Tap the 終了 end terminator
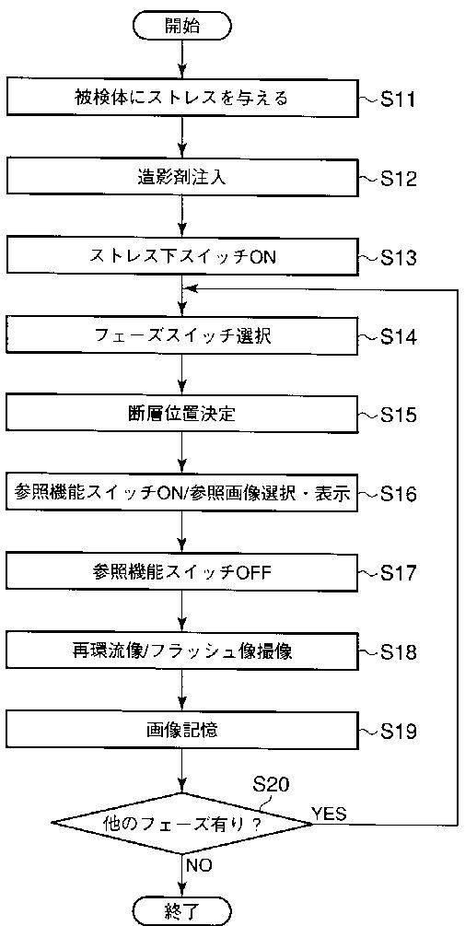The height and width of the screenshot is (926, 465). pos(181,909)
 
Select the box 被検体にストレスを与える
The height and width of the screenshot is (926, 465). pos(181,98)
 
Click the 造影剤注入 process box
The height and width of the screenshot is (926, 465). pos(181,178)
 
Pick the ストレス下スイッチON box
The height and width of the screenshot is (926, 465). pos(181,257)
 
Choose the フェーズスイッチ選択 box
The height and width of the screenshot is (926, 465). pos(181,336)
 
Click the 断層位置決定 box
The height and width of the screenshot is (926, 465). pos(181,415)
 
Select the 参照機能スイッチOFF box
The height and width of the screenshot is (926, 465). pos(181,573)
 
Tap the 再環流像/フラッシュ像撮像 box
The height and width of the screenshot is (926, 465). pos(181,652)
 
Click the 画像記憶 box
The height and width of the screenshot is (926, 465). pos(181,731)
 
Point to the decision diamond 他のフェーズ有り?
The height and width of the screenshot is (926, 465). pos(181,823)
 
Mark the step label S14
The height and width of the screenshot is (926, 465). pos(399,338)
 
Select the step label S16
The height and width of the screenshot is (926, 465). pos(399,494)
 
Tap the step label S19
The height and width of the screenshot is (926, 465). pos(399,733)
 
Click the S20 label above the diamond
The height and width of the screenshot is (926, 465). pos(271,785)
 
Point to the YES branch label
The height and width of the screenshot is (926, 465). pos(330,815)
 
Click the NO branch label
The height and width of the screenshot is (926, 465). pos(199,866)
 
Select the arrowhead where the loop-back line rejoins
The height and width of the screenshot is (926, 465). pos(189,289)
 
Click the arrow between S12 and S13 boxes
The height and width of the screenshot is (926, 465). pos(182,218)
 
